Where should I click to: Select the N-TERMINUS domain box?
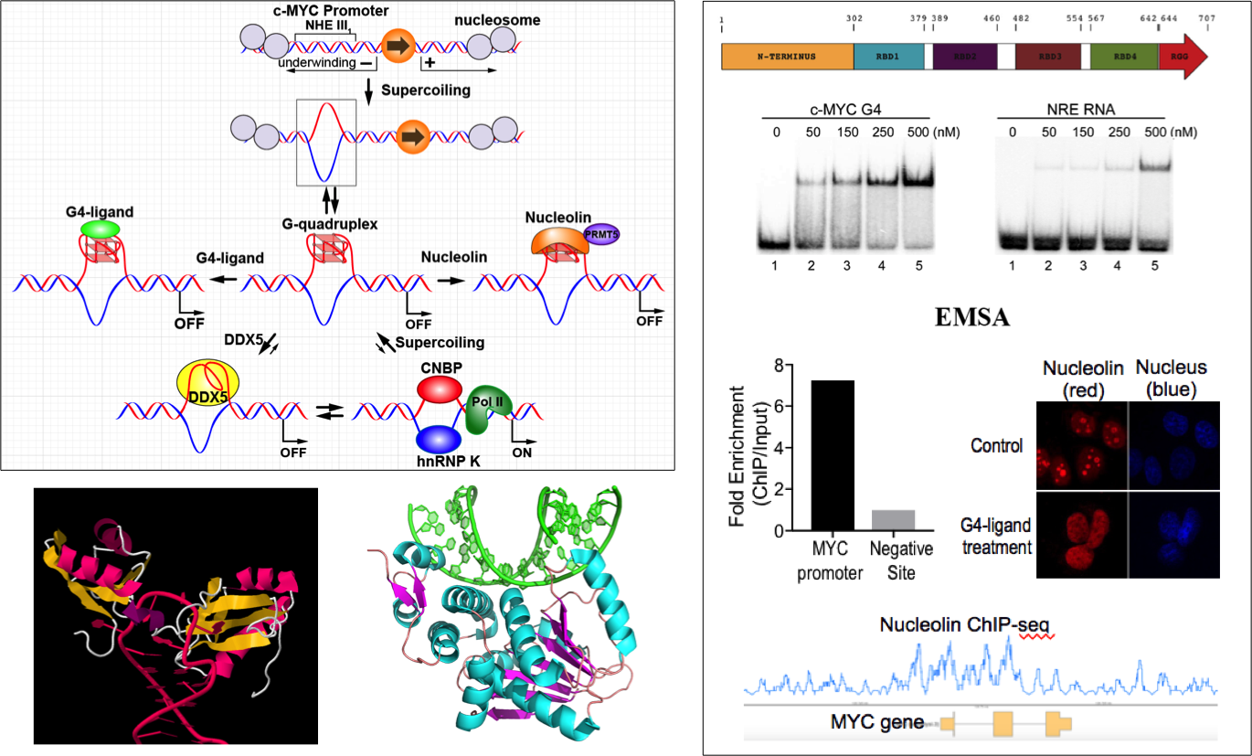[x=787, y=57]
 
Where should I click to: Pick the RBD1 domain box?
[x=888, y=57]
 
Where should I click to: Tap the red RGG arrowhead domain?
[x=1182, y=57]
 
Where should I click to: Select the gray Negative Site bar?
[x=893, y=519]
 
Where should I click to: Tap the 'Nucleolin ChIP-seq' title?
[x=965, y=625]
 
